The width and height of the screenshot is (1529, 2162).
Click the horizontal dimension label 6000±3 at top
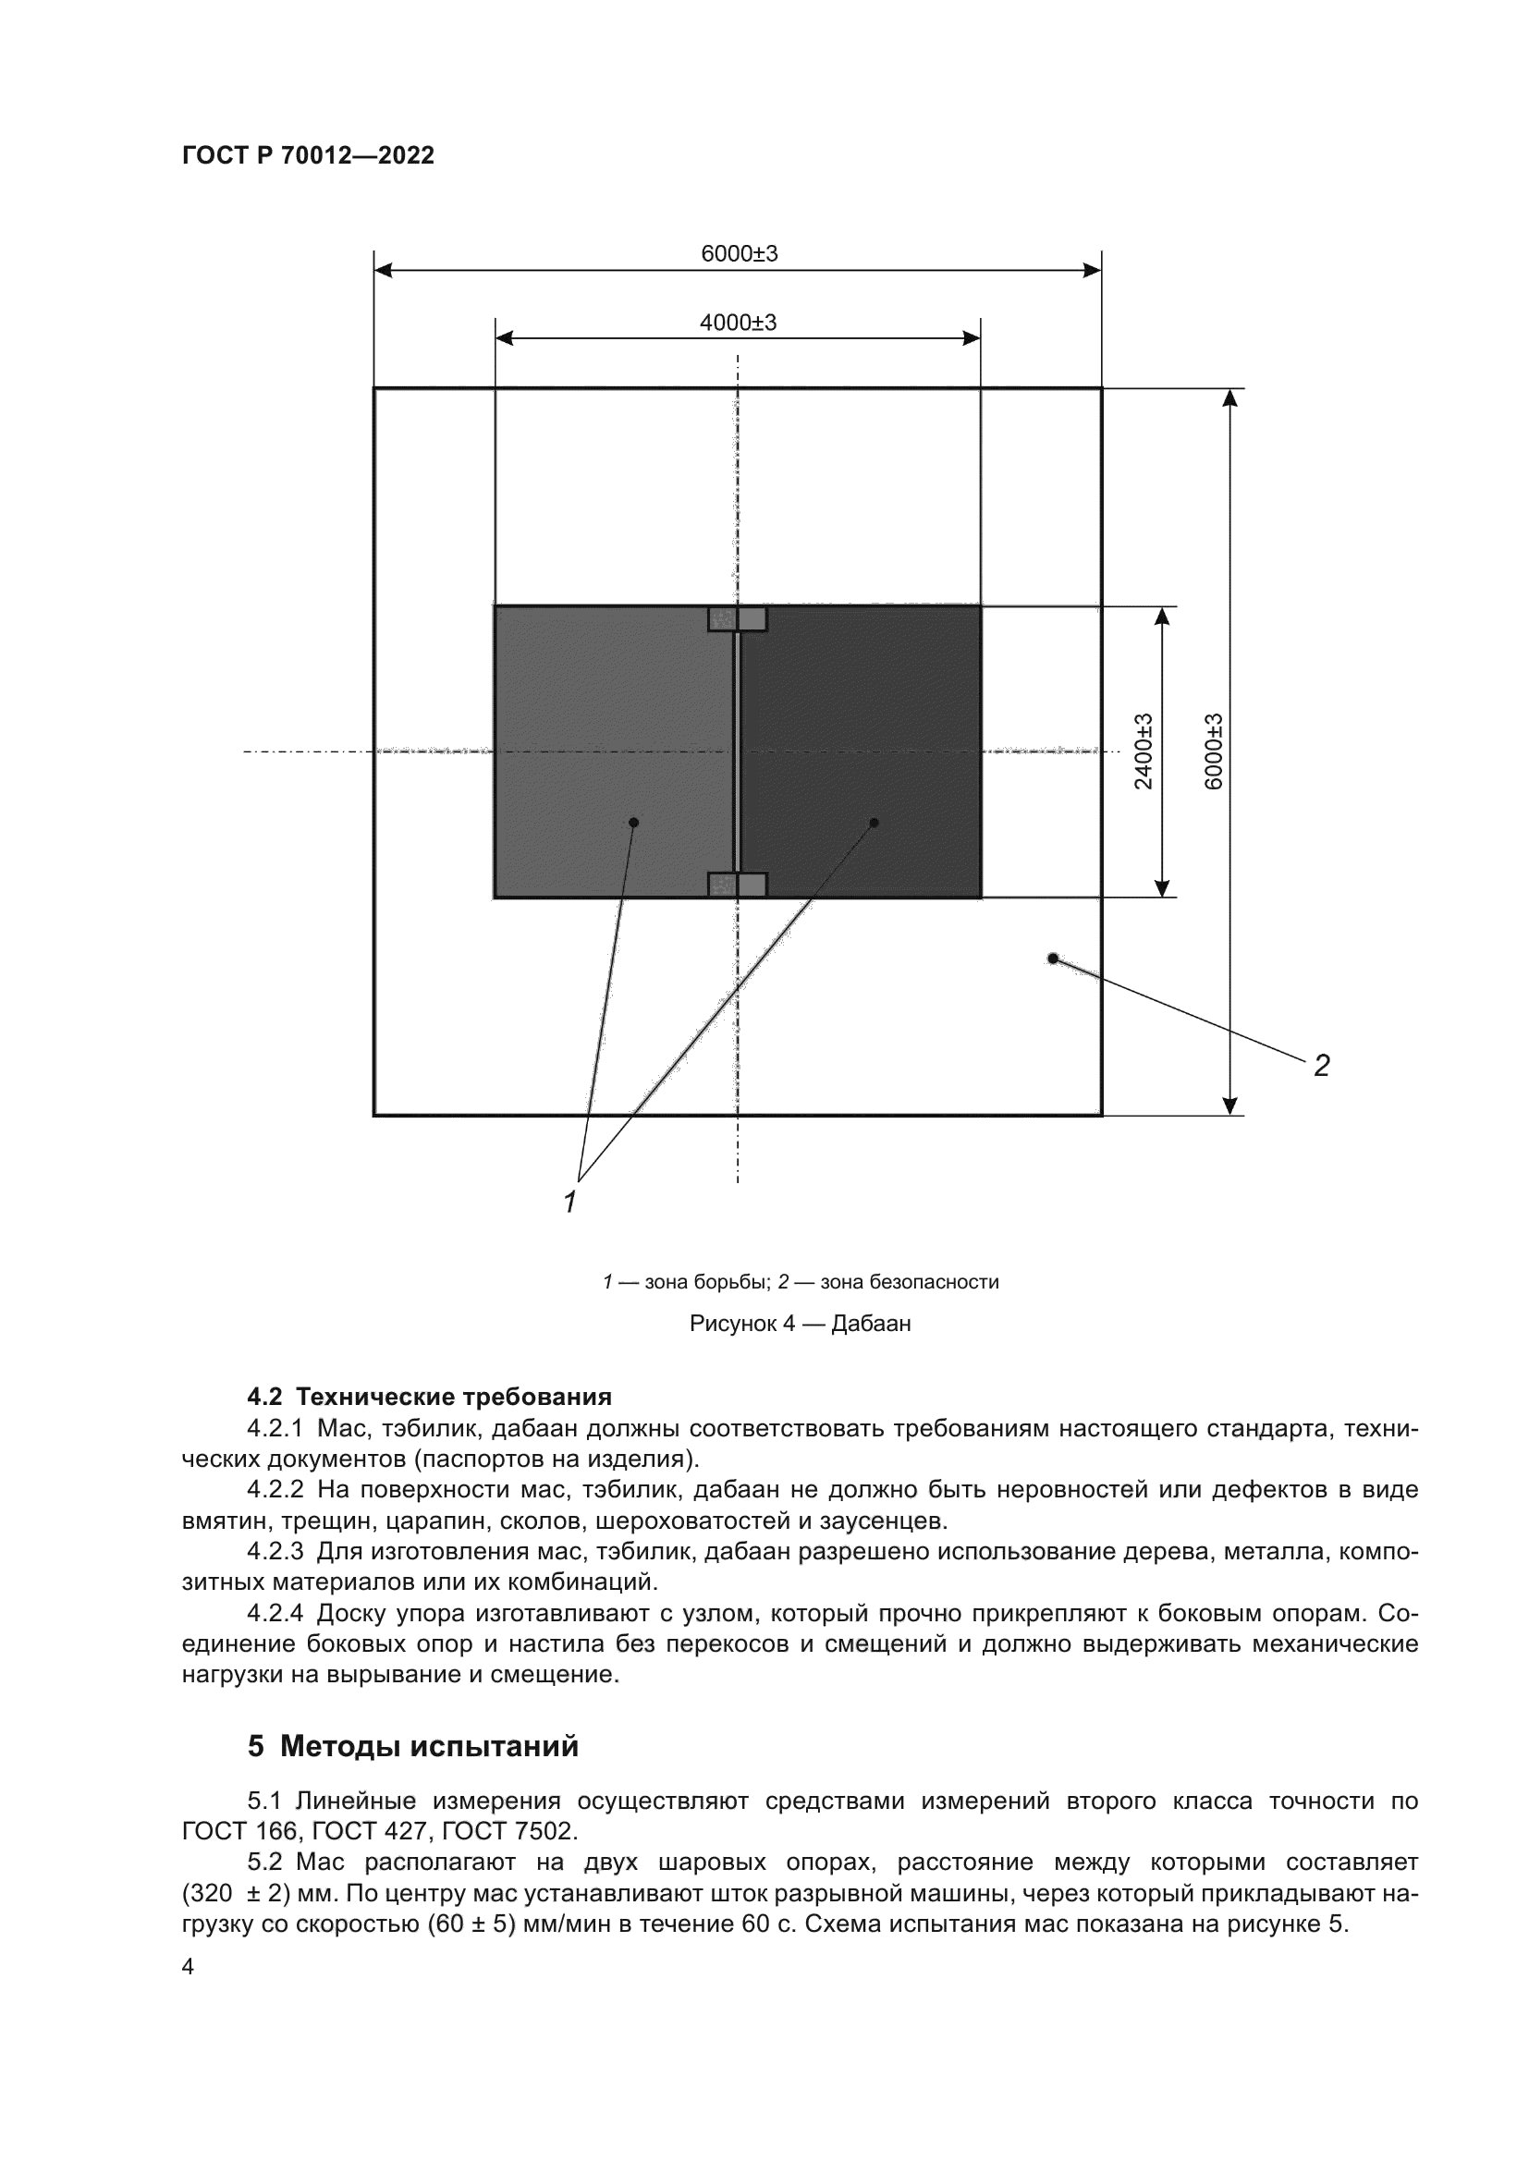pos(740,253)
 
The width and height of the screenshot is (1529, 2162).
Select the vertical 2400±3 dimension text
pos(1143,751)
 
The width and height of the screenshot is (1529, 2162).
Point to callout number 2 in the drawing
pos(1321,1066)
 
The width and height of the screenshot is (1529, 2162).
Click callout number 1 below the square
pos(569,1202)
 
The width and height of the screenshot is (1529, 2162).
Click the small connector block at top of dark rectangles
pos(737,618)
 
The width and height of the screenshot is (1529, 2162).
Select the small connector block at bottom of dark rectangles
pos(737,885)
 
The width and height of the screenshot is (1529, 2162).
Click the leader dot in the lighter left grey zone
pos(633,822)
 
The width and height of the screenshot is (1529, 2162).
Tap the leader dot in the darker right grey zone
pos(874,822)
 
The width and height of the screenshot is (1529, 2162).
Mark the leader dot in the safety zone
pos(1053,959)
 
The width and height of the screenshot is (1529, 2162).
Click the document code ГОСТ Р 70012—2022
pos(308,155)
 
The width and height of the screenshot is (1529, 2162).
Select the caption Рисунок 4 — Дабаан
pos(800,1324)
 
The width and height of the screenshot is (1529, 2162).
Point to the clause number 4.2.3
pos(275,1550)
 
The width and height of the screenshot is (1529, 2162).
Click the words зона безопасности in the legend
pos(909,1281)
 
